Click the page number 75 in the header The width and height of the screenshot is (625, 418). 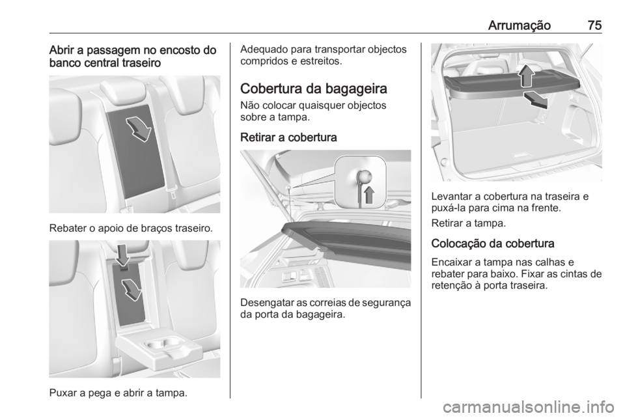pos(593,25)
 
